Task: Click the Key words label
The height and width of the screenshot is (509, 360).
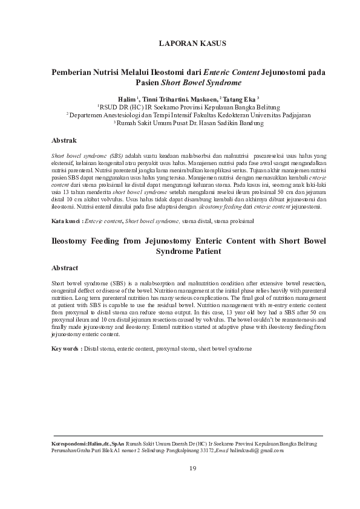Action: click(66, 349)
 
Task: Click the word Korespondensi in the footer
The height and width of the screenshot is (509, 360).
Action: click(70, 443)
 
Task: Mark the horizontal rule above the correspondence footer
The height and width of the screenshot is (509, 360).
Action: click(188, 435)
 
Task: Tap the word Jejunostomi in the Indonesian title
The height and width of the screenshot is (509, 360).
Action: click(284, 71)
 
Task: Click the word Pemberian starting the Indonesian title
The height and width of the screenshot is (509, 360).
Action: click(76, 71)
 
